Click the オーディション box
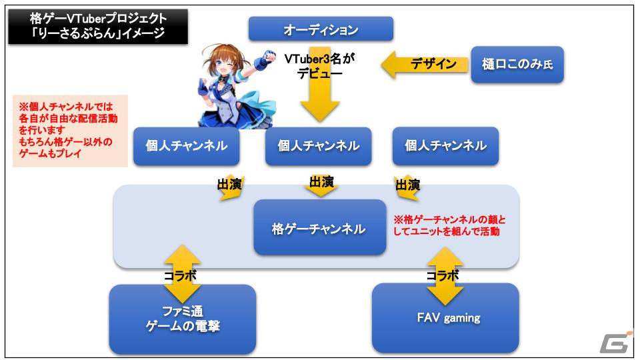[321, 29]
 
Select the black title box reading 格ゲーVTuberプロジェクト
[98, 27]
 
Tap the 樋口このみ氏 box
[517, 65]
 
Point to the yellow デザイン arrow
[425, 65]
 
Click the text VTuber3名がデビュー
[319, 66]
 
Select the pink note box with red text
[70, 131]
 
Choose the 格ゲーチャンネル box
[319, 227]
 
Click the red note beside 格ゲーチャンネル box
[449, 225]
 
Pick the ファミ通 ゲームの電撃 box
[183, 319]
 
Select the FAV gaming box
[445, 318]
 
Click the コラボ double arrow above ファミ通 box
[182, 274]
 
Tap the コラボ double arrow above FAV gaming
[445, 276]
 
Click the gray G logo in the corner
[615, 342]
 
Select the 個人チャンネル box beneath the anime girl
[187, 146]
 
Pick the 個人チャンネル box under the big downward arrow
[319, 146]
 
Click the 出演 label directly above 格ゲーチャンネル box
[321, 181]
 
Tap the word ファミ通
[183, 311]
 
